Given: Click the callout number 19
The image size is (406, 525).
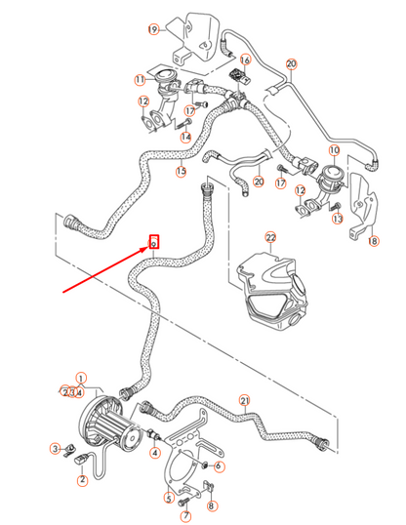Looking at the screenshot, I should (152, 30).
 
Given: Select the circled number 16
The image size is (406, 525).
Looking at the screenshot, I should (245, 60).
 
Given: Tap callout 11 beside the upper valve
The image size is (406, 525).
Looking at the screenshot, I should (140, 79).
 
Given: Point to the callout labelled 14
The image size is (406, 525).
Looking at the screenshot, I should (185, 137).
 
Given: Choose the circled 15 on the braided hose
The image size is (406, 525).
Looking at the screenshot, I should (181, 172).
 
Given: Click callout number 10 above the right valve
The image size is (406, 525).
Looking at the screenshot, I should (334, 150).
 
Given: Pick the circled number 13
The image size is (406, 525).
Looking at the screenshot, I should (338, 220).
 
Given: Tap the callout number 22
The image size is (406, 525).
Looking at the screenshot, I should (270, 238).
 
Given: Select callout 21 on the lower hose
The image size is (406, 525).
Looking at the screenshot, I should (245, 399).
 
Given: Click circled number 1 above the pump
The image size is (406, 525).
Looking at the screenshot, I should (81, 378).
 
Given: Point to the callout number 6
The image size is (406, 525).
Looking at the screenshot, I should (219, 466).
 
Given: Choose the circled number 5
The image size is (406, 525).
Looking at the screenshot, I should (168, 498).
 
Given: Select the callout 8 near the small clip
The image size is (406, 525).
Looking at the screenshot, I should (213, 505).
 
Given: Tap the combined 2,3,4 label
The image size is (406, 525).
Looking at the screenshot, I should (72, 392).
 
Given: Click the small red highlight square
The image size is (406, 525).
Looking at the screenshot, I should (153, 241).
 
